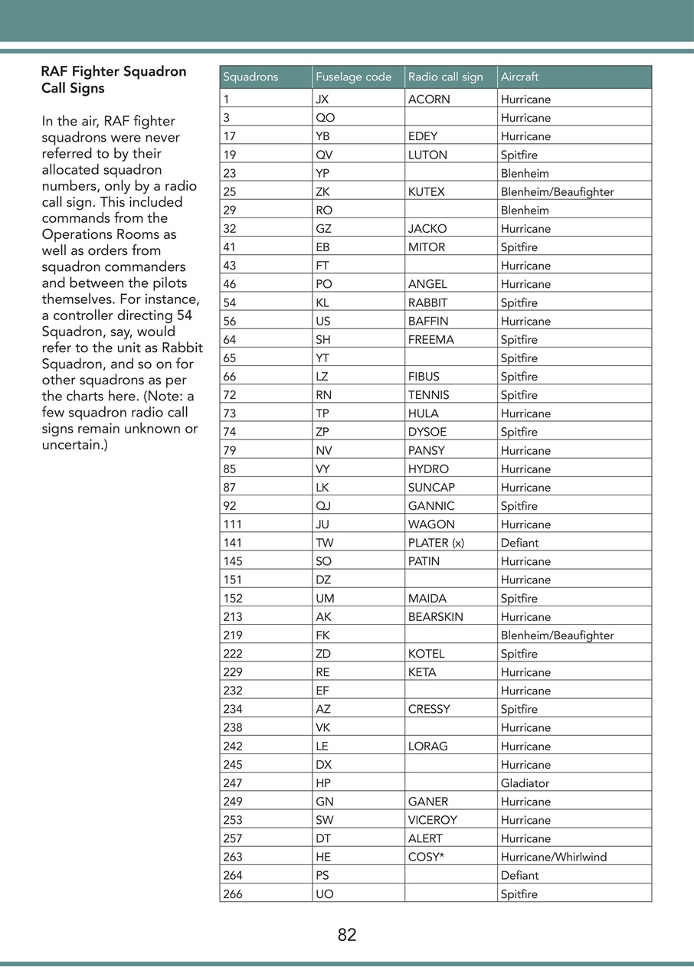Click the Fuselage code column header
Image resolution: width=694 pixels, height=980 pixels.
coord(353,77)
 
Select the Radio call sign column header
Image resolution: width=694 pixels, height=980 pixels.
coord(445,77)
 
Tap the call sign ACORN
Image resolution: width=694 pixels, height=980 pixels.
coord(429,100)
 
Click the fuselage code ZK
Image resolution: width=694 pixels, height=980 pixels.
coord(322,192)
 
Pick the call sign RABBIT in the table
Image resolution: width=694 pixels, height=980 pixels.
coord(427,303)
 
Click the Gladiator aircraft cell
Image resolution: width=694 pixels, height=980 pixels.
coord(525,783)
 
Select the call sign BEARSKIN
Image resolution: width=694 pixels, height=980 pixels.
coord(435,617)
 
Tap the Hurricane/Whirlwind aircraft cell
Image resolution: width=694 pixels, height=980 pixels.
coord(553,857)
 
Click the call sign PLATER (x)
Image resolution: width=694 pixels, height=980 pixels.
coord(436,543)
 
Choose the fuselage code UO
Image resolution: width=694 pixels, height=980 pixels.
coord(324,894)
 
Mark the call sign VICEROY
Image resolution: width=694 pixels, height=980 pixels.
coord(432,820)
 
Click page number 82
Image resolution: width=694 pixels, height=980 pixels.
coord(347,935)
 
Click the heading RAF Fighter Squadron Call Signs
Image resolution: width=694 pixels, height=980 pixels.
coord(113,80)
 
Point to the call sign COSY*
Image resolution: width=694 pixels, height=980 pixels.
coord(426,857)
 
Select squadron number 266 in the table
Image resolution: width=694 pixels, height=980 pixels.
coord(232,894)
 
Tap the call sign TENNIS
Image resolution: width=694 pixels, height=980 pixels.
coord(428,395)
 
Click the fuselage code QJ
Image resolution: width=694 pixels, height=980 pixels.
coord(323,506)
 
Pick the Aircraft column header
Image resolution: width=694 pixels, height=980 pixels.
coord(519,77)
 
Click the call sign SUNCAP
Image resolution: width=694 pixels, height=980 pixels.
coord(430,488)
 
